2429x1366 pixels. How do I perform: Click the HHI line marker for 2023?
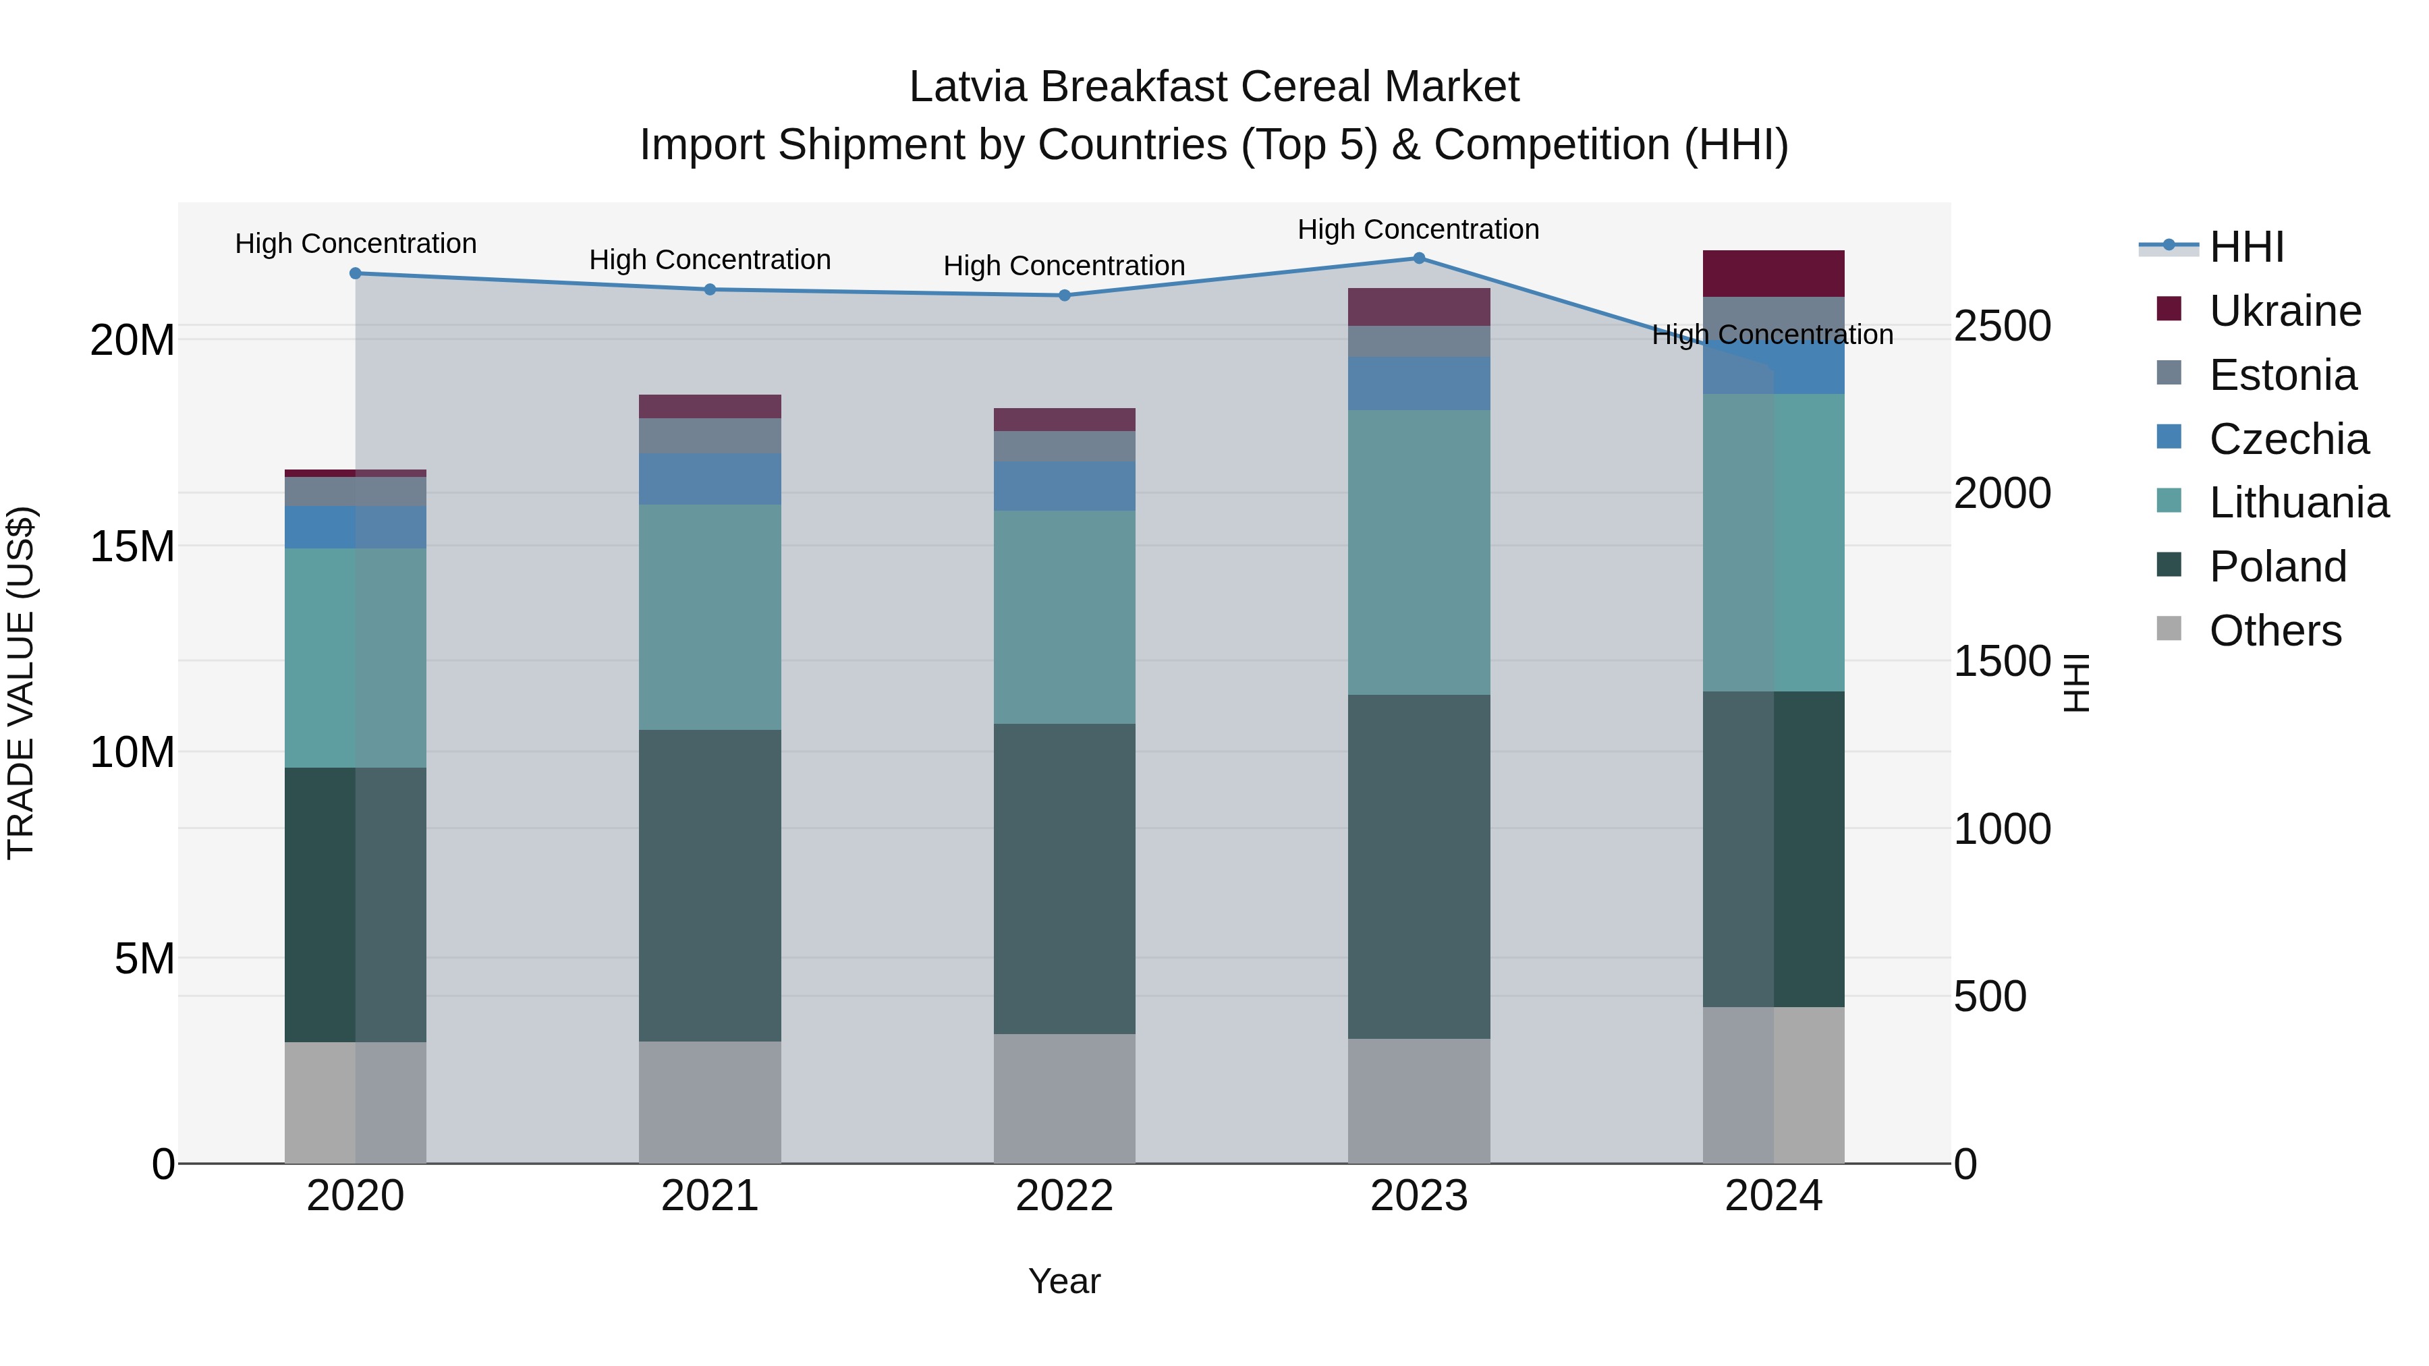click(1418, 258)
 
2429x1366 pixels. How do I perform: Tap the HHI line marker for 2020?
click(356, 273)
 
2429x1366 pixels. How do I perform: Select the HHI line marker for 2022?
click(1065, 295)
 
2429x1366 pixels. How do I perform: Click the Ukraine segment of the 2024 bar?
click(1772, 273)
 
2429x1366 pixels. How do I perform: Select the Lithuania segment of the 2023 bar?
click(1418, 552)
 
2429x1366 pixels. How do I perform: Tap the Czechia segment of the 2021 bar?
click(710, 479)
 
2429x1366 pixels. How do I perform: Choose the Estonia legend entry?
click(2282, 375)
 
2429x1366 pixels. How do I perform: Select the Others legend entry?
click(2274, 631)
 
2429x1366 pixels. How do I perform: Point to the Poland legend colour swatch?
click(2169, 566)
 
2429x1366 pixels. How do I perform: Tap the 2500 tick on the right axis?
click(2002, 326)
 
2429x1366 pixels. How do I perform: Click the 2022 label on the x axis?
click(1065, 1196)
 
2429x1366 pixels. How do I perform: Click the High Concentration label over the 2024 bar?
click(1772, 335)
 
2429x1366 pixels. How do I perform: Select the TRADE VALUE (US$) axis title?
click(21, 683)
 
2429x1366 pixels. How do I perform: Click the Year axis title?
click(1065, 1281)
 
